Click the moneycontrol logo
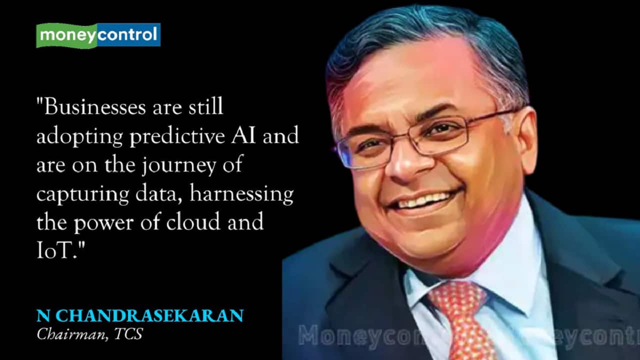(x=98, y=35)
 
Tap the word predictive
(x=177, y=137)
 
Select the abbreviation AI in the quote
(x=243, y=135)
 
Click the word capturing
(x=83, y=194)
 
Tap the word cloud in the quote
(x=193, y=221)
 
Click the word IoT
(x=57, y=250)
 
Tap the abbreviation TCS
(x=128, y=333)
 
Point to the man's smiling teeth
(x=423, y=200)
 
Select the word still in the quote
(x=205, y=106)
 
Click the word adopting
(x=79, y=137)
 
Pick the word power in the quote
(x=104, y=222)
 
